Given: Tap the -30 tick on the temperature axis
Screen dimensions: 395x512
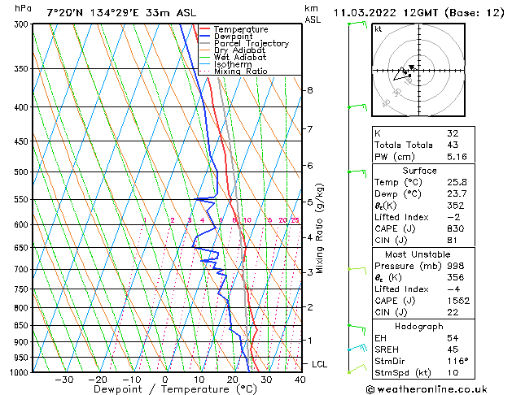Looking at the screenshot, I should [63, 379].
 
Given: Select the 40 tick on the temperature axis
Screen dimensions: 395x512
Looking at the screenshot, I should [300, 379].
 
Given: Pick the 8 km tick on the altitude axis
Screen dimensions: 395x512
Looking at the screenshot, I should [310, 89].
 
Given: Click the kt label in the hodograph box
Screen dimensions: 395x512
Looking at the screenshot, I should [379, 29].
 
